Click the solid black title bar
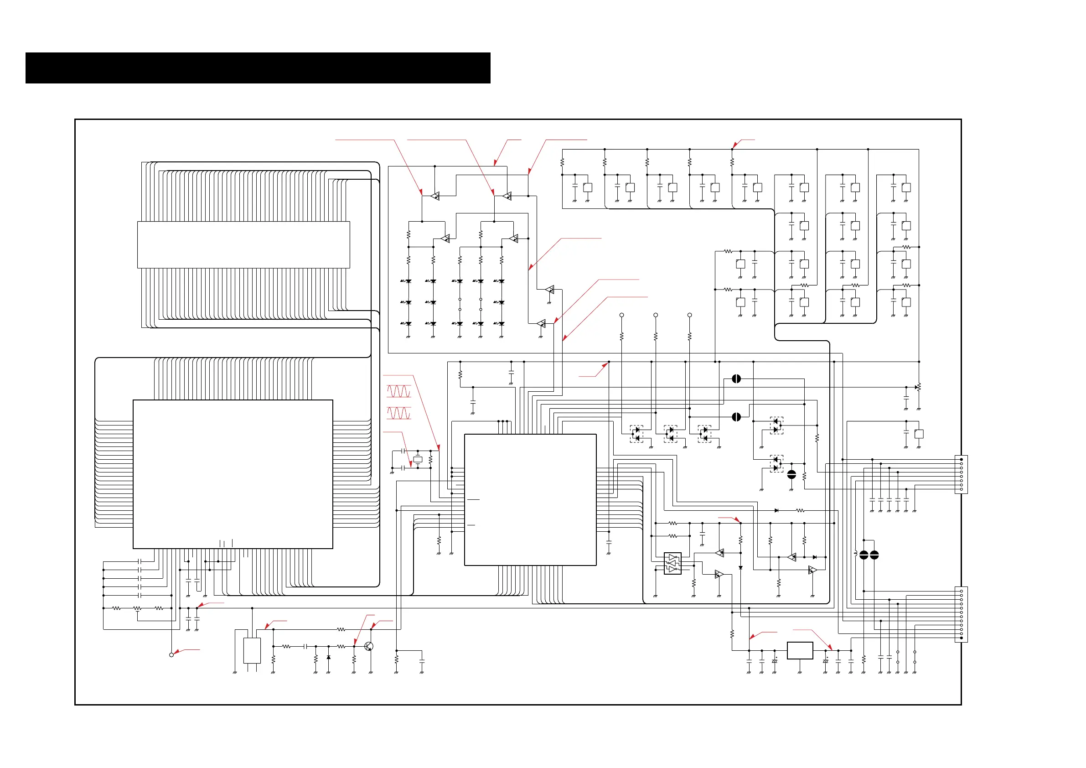(x=258, y=68)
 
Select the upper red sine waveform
(x=399, y=391)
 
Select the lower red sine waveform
(x=399, y=414)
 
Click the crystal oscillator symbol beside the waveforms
(x=418, y=459)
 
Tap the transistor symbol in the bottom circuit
(x=369, y=646)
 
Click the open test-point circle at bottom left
(x=171, y=655)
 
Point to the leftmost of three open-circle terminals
(x=621, y=315)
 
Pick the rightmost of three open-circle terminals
(x=690, y=315)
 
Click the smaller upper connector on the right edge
(x=961, y=474)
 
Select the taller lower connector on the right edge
(x=961, y=614)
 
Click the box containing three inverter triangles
(x=672, y=564)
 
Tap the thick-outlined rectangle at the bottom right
(x=800, y=651)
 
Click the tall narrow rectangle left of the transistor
(x=252, y=651)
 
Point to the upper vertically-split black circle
(x=736, y=379)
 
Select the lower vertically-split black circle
(x=736, y=417)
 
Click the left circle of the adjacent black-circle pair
(x=864, y=555)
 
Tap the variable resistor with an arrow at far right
(x=919, y=387)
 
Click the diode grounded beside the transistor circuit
(x=328, y=657)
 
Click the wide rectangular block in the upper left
(x=243, y=244)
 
